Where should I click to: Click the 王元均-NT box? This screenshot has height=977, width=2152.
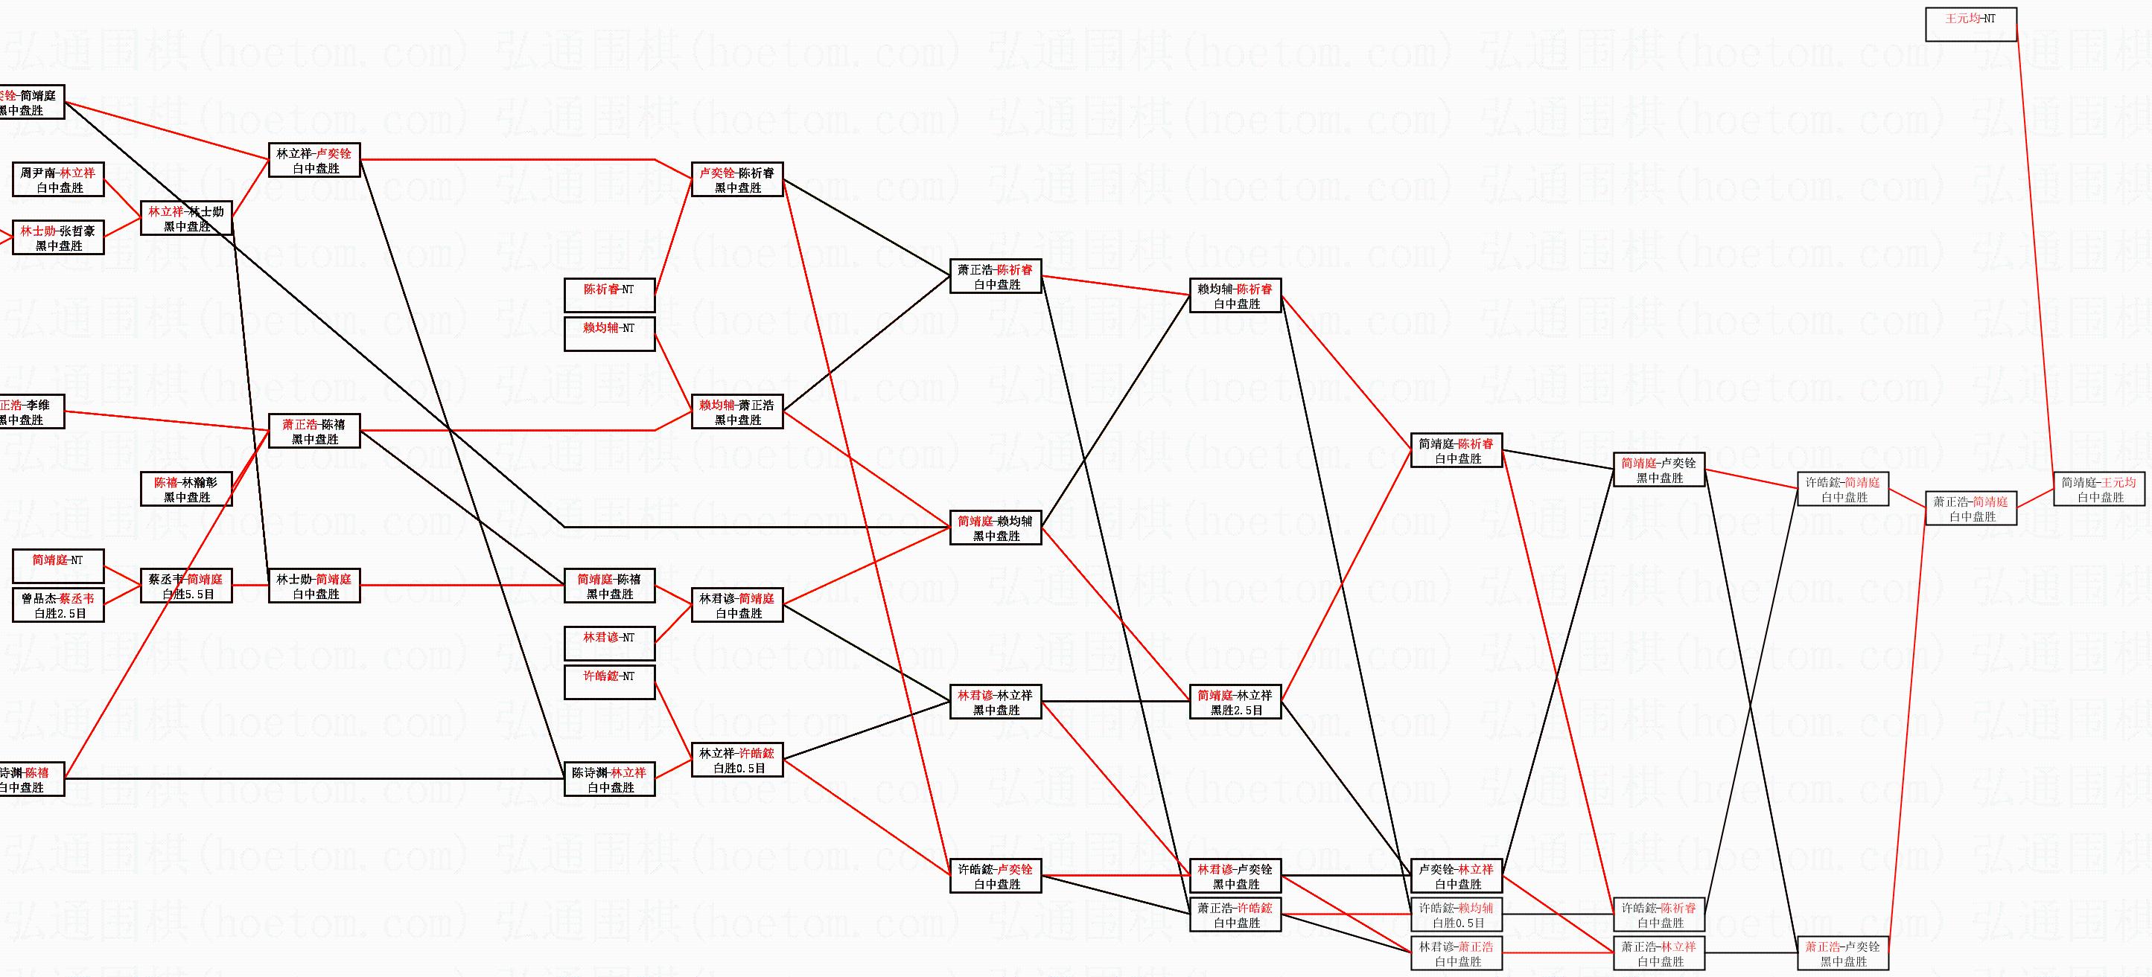coord(1971,25)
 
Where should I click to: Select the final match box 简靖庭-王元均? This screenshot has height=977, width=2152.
coord(2099,490)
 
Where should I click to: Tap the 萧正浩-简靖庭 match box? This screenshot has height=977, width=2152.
coord(1971,508)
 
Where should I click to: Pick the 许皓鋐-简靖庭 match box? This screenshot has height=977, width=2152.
coord(1843,490)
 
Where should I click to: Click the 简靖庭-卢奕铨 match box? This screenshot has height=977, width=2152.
coord(1658,470)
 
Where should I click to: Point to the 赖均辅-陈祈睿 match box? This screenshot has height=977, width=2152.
coord(1235,295)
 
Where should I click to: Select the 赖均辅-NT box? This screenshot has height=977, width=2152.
coord(609,334)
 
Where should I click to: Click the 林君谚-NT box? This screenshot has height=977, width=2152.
coord(609,644)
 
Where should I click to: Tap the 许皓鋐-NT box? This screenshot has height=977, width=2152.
coord(609,682)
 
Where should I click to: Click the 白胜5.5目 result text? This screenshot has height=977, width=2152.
coord(188,595)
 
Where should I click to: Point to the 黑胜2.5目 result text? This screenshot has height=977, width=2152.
coord(1236,711)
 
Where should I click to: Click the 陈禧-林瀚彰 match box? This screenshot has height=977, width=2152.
coord(186,490)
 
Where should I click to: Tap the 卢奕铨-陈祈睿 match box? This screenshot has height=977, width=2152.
coord(737,179)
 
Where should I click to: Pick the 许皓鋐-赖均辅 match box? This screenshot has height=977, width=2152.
coord(1456,915)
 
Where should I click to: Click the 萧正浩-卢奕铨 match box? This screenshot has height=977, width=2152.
coord(1843,954)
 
